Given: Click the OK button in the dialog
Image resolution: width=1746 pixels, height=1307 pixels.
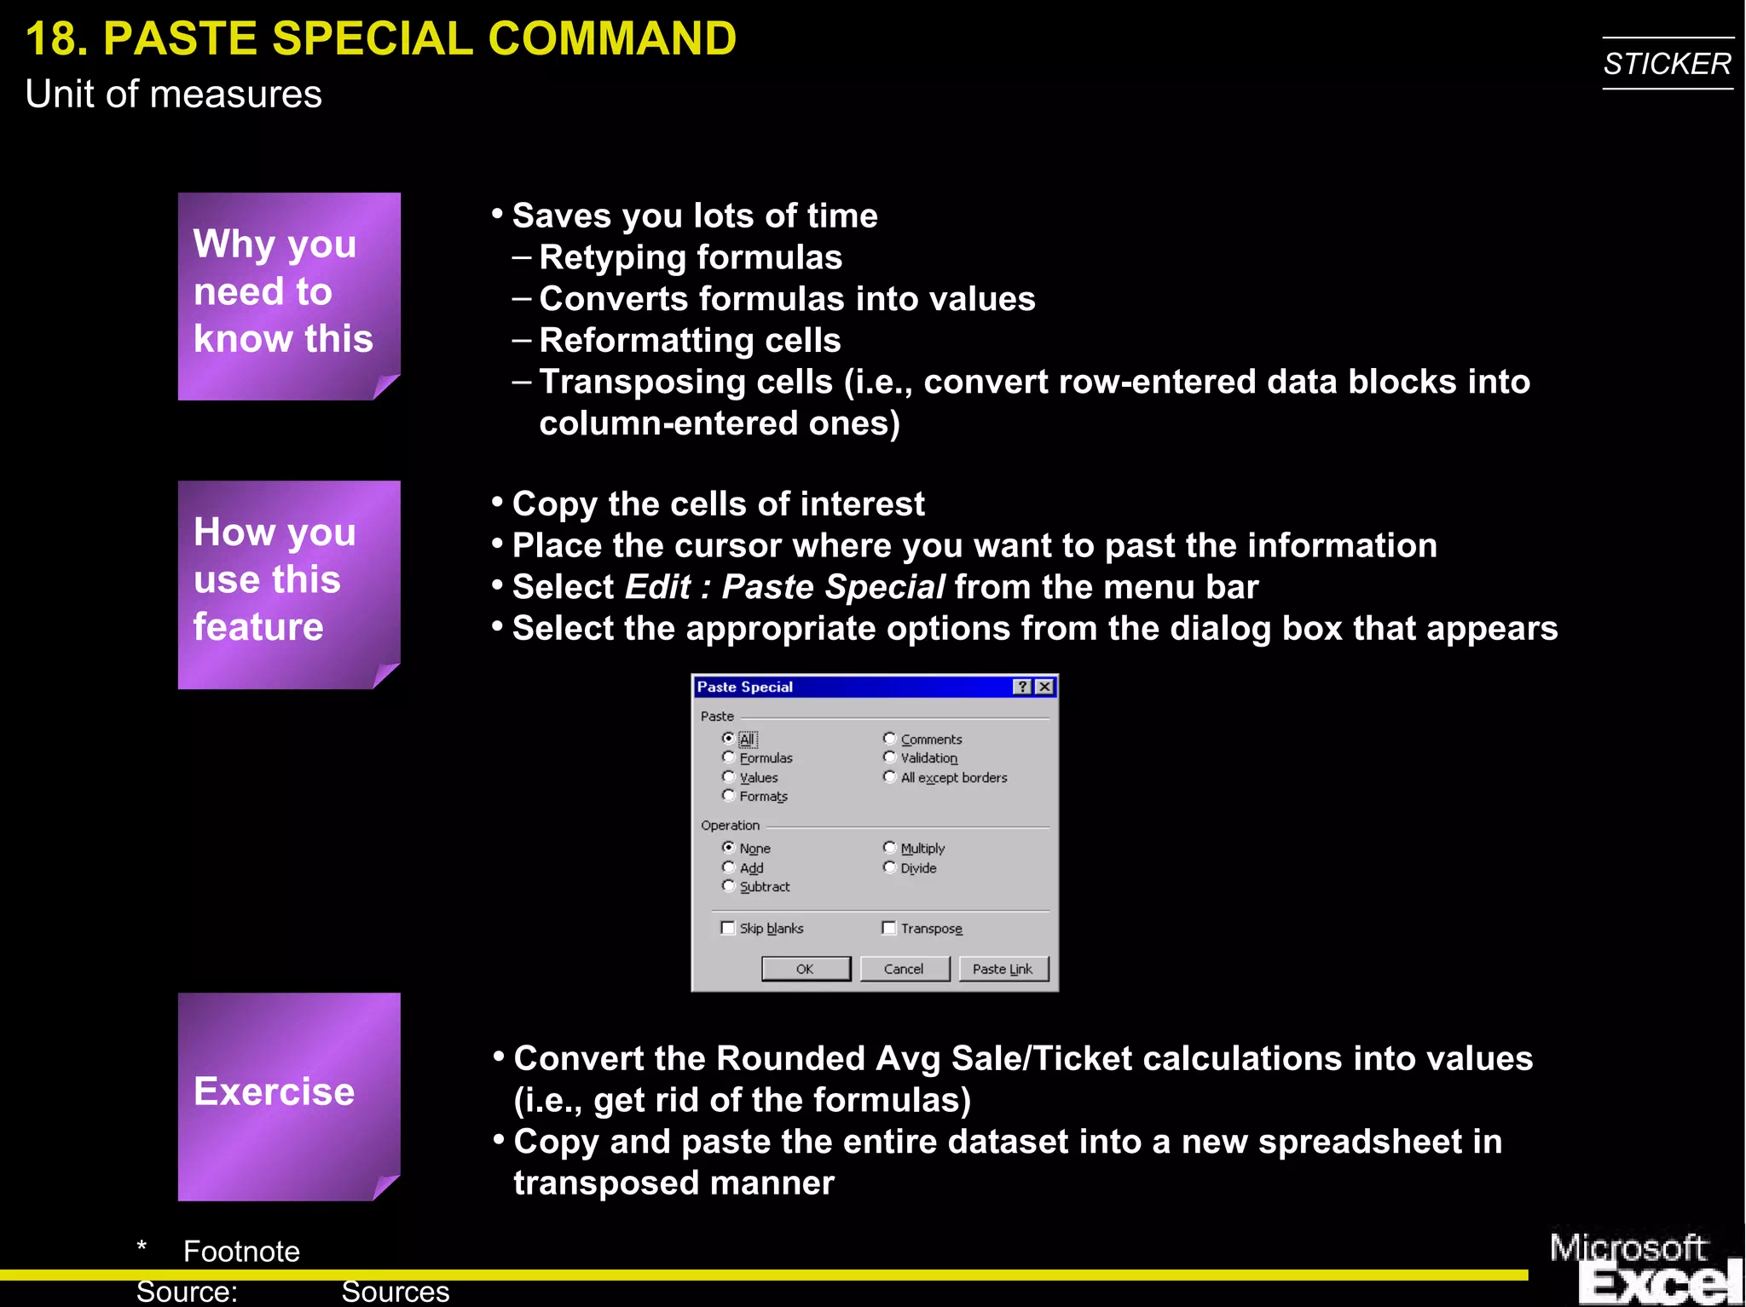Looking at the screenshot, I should pos(805,969).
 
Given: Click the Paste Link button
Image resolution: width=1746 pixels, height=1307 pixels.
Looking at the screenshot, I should pos(1003,969).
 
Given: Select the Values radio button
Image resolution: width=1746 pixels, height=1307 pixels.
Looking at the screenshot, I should pos(729,777).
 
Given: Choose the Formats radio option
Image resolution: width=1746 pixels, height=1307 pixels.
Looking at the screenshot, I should pos(729,796).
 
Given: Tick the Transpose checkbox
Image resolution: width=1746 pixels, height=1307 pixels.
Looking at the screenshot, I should pos(889,928).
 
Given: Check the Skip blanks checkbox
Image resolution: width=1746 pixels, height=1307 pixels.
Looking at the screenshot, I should pos(728,928).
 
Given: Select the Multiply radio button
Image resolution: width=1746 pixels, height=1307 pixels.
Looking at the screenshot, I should pos(889,848).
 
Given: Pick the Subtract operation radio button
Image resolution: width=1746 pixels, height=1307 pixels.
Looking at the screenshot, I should pos(729,886).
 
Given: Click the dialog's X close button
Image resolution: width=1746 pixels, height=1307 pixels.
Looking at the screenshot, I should pos(1044,687).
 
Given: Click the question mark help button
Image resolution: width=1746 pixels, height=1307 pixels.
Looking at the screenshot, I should pos(1023,687).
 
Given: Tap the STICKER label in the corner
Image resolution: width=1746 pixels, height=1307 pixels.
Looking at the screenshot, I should pos(1667,64).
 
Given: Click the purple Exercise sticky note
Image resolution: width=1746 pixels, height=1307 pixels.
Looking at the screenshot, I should pos(289,1096).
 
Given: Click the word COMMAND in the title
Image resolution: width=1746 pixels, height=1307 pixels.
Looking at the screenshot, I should pos(611,39).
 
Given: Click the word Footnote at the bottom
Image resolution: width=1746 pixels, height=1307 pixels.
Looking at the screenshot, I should pos(241,1251).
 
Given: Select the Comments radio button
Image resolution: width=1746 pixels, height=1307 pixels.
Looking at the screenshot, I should pos(889,739).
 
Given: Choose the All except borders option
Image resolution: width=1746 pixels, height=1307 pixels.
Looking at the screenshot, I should pos(889,777).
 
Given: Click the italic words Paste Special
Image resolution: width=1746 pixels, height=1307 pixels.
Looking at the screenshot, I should pos(833,587).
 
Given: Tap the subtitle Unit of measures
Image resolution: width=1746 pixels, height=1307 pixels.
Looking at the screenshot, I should pos(174,94).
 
